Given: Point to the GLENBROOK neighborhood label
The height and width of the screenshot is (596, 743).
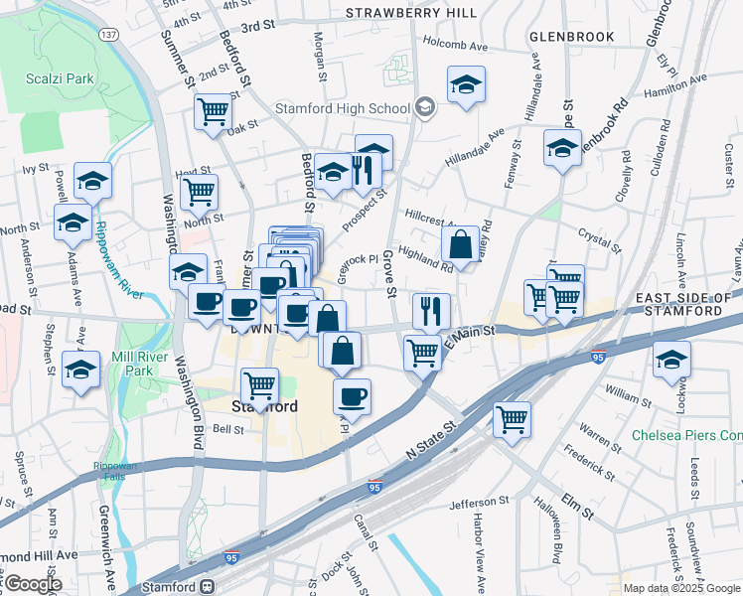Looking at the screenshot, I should click(x=572, y=37).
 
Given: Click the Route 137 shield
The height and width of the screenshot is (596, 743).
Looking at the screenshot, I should click(x=108, y=34).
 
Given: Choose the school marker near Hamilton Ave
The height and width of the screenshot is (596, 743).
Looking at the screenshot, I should click(x=466, y=84).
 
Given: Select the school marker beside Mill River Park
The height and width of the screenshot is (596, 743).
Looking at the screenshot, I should click(x=80, y=369).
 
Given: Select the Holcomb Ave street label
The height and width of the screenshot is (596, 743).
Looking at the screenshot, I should click(x=456, y=46).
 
